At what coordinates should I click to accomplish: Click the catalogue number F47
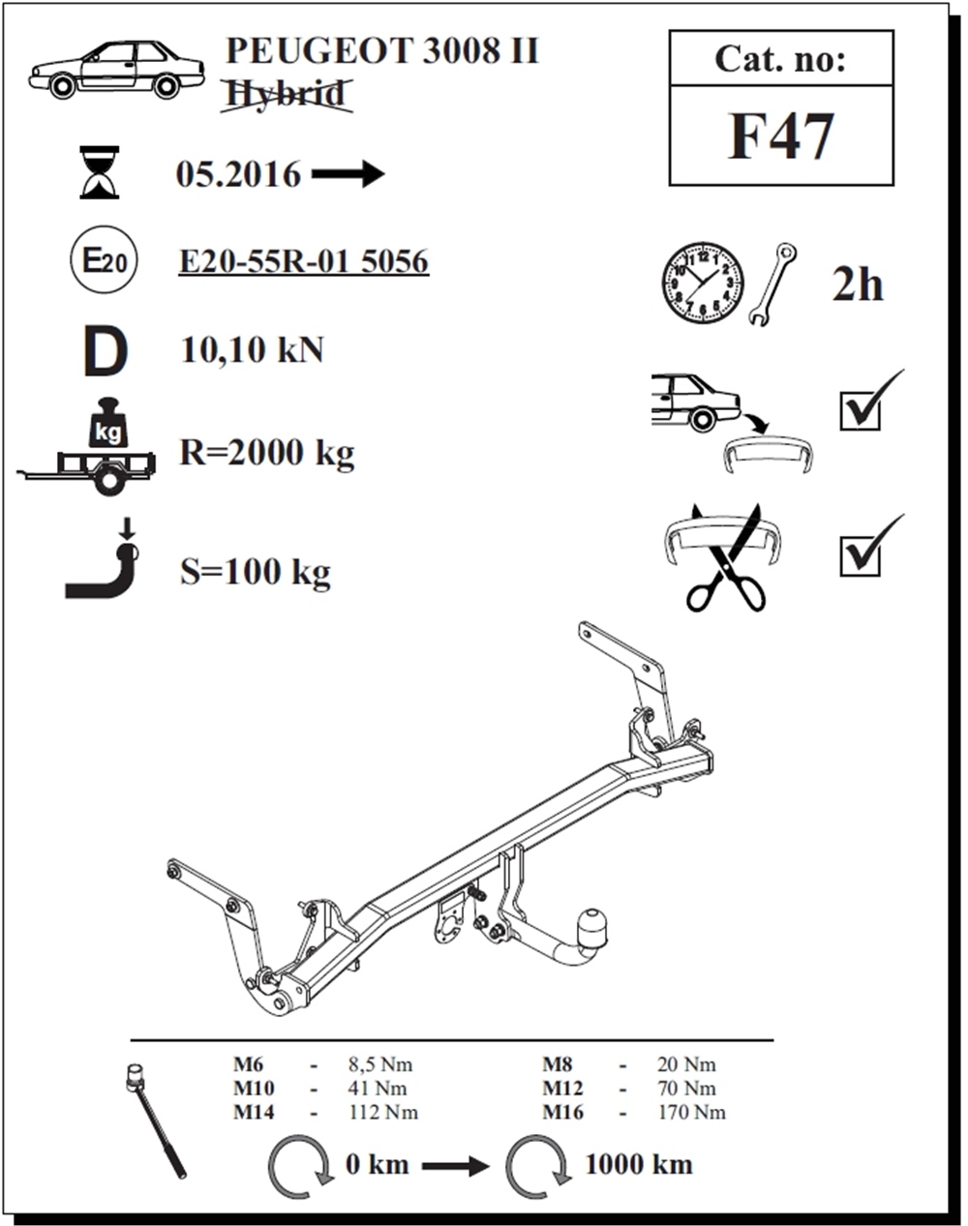780,136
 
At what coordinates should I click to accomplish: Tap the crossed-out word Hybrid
287,94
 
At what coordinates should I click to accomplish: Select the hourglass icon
100,172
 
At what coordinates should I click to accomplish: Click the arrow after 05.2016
348,174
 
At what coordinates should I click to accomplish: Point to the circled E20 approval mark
104,262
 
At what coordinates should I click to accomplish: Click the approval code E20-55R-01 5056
303,262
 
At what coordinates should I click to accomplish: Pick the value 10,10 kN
252,349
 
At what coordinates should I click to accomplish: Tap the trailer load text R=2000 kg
267,454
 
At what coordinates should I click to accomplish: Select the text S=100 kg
256,572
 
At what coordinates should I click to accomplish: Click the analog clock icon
703,284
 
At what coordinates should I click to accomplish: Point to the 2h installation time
858,284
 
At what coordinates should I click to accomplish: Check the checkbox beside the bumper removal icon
861,410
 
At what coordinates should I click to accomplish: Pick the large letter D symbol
106,351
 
